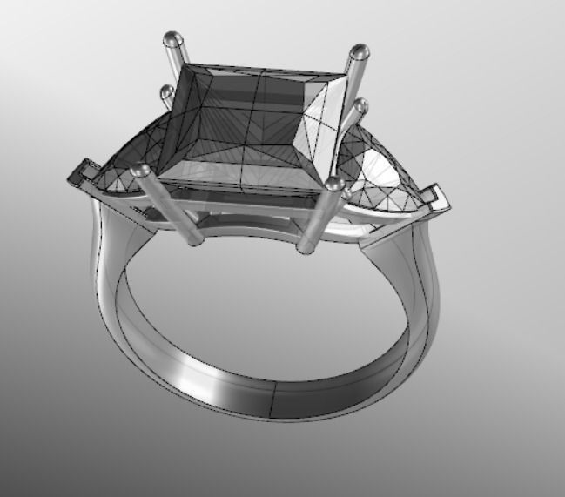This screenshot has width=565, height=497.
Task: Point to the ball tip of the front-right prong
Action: pos(334,184)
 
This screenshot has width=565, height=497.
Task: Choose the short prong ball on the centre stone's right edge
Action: pos(362,105)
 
